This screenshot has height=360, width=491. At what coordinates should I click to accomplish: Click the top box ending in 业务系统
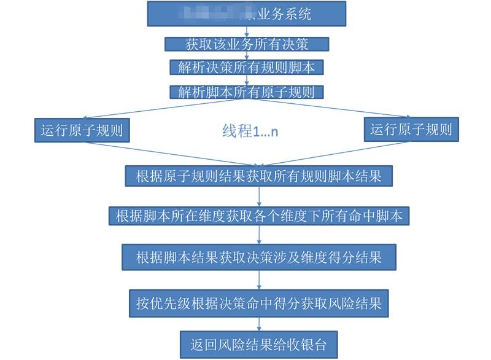[246, 14]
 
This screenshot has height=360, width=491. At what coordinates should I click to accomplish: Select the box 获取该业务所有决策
[246, 44]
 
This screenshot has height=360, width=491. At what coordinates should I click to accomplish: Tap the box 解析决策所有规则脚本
[246, 68]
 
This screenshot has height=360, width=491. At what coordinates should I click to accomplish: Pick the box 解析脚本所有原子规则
[246, 92]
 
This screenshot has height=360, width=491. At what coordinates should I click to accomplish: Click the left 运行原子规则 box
[81, 130]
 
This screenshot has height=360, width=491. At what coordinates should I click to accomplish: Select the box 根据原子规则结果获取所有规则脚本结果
[258, 176]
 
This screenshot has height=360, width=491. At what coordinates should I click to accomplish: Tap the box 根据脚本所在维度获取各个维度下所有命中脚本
[258, 216]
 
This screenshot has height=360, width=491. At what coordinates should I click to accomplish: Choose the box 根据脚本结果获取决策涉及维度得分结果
[258, 256]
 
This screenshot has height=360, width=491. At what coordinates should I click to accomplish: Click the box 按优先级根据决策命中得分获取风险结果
[258, 303]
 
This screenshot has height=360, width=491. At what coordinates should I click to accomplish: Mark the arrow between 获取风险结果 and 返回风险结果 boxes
[258, 324]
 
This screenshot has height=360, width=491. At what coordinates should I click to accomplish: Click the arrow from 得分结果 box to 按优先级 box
[258, 280]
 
